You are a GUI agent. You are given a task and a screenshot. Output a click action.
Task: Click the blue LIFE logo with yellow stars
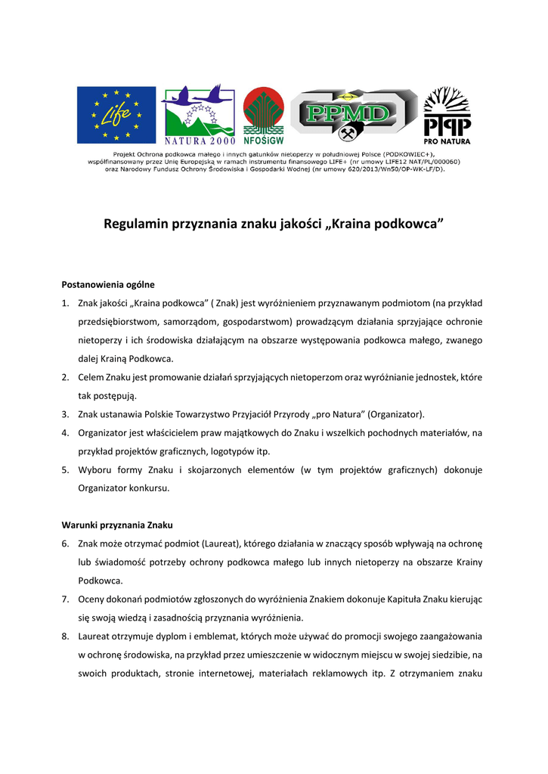tap(116, 115)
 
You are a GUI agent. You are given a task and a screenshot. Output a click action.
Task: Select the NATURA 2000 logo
tap(200, 114)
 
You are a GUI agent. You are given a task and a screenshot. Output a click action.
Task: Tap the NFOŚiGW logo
tap(263, 115)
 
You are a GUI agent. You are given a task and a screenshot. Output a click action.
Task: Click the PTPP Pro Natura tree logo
tap(447, 115)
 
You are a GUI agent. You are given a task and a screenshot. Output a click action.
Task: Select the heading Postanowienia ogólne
tap(107, 285)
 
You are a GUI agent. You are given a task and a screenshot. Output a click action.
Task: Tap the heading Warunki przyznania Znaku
tap(116, 525)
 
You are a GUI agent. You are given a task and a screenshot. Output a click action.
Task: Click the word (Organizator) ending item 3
tap(396, 414)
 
